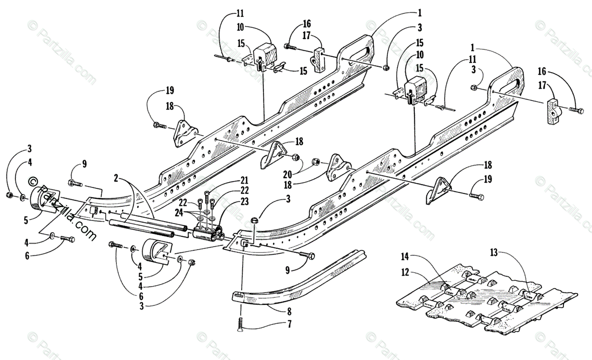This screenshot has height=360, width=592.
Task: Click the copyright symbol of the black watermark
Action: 34,181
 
